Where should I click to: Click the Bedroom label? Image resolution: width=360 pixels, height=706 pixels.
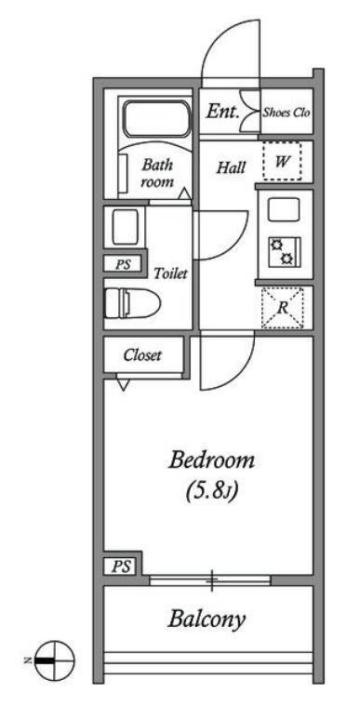click(211, 461)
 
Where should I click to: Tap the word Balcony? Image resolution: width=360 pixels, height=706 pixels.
click(207, 621)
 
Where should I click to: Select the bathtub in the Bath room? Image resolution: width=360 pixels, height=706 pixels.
click(157, 119)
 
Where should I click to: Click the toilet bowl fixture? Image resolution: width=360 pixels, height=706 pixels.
click(132, 303)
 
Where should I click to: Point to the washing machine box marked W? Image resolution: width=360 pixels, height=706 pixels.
click(282, 161)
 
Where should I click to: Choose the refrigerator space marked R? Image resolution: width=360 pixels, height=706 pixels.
click(282, 308)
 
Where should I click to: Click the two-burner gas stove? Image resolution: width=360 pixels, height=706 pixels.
click(285, 252)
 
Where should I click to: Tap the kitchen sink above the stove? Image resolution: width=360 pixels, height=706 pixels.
click(284, 209)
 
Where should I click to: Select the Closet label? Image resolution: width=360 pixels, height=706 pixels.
click(142, 355)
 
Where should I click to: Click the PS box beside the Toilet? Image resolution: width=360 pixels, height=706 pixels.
click(123, 264)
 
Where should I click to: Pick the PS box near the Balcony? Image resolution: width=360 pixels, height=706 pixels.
click(121, 566)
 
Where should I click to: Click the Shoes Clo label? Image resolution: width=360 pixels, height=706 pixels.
click(287, 113)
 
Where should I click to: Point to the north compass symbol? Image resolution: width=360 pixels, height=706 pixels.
click(55, 660)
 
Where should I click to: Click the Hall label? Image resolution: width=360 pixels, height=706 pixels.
click(232, 167)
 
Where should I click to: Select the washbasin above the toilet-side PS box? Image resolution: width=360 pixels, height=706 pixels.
click(125, 227)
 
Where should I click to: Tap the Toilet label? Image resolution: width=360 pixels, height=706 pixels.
click(170, 273)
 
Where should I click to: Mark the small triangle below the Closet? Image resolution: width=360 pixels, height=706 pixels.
click(123, 384)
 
